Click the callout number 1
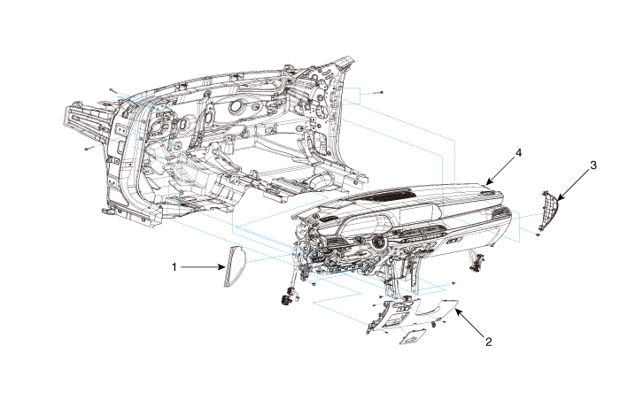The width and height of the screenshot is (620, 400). (x=175, y=265)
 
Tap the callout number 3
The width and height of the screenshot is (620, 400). (x=593, y=165)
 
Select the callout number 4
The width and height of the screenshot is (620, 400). (x=519, y=153)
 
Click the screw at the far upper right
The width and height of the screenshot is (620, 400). (x=379, y=92)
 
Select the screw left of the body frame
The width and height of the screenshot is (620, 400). (x=88, y=149)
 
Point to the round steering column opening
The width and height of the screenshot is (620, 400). (x=379, y=242)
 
